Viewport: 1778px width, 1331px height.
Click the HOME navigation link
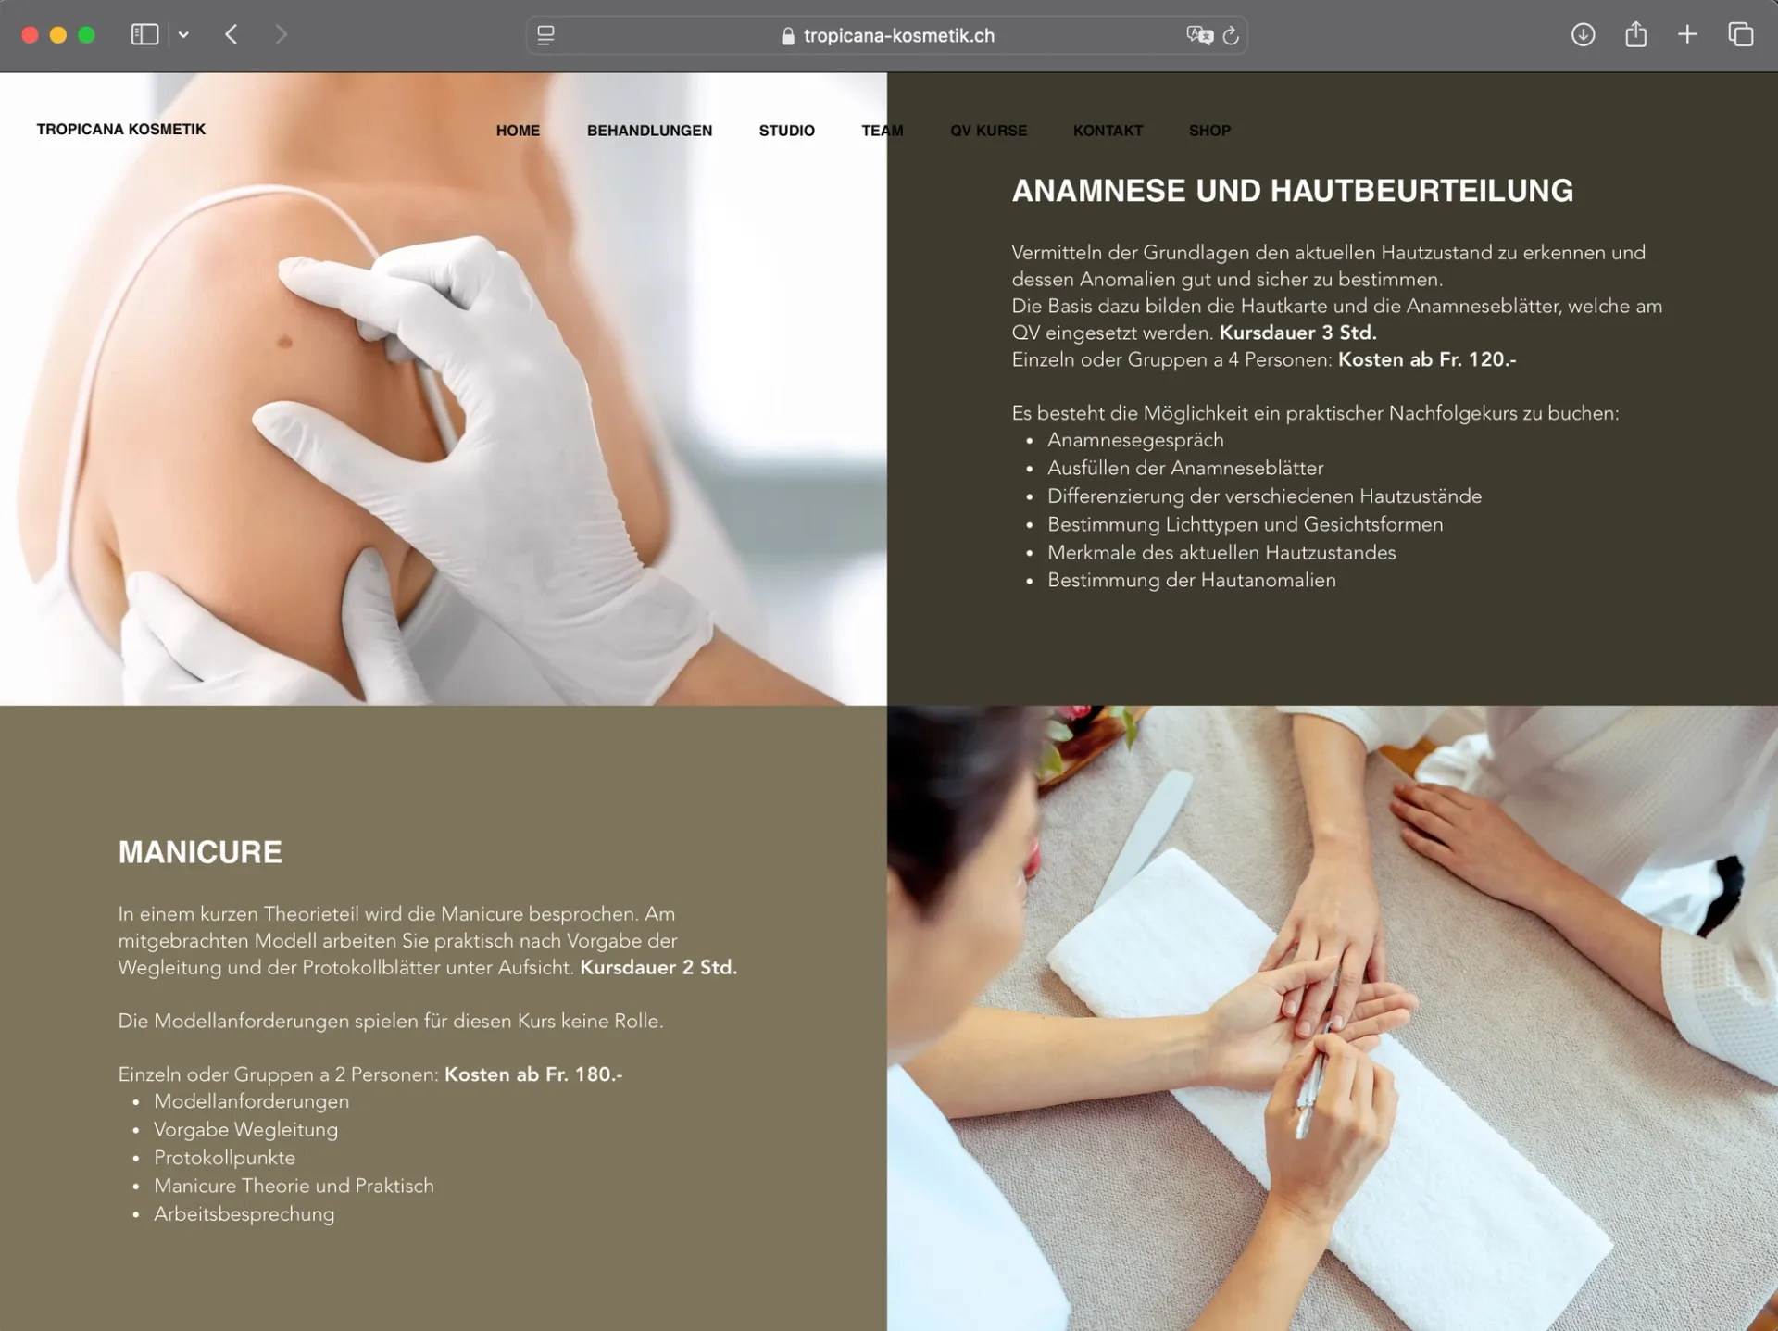(x=518, y=131)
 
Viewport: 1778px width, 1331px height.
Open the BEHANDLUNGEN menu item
(x=649, y=131)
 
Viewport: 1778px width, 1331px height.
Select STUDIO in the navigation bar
(x=786, y=131)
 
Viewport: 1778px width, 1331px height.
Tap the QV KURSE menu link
(x=988, y=131)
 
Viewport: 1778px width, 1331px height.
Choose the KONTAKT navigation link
(x=1108, y=131)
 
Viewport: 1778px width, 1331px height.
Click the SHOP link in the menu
(x=1209, y=131)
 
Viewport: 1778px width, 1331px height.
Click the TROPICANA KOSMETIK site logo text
(x=121, y=129)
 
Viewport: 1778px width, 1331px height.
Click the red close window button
(x=30, y=35)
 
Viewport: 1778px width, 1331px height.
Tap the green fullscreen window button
(x=87, y=35)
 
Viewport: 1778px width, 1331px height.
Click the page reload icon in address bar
(x=1231, y=35)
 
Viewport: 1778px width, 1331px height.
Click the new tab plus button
(x=1687, y=35)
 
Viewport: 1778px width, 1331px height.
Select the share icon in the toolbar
(x=1636, y=34)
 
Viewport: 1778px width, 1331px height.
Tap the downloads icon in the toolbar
(x=1584, y=35)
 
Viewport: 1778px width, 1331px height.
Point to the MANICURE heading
(x=200, y=852)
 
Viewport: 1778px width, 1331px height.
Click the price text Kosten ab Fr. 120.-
(x=1427, y=359)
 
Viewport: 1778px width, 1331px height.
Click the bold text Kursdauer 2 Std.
(x=658, y=967)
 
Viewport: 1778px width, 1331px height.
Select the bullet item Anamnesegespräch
(x=1135, y=440)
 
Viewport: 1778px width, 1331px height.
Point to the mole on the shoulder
(x=285, y=342)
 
